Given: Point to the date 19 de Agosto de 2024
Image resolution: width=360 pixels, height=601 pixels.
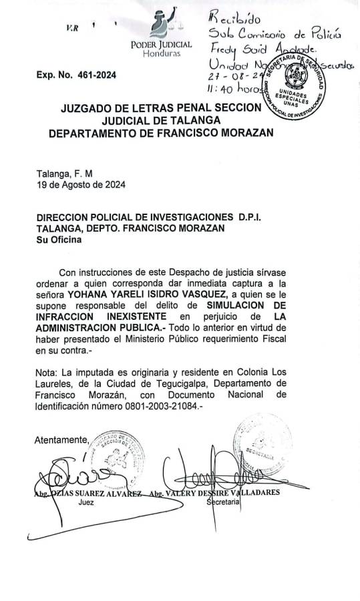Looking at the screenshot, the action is [x=81, y=184].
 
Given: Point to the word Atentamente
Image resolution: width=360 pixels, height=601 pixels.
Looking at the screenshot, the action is [x=60, y=439].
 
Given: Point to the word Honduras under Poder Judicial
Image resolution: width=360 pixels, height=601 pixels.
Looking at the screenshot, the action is [x=162, y=53].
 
